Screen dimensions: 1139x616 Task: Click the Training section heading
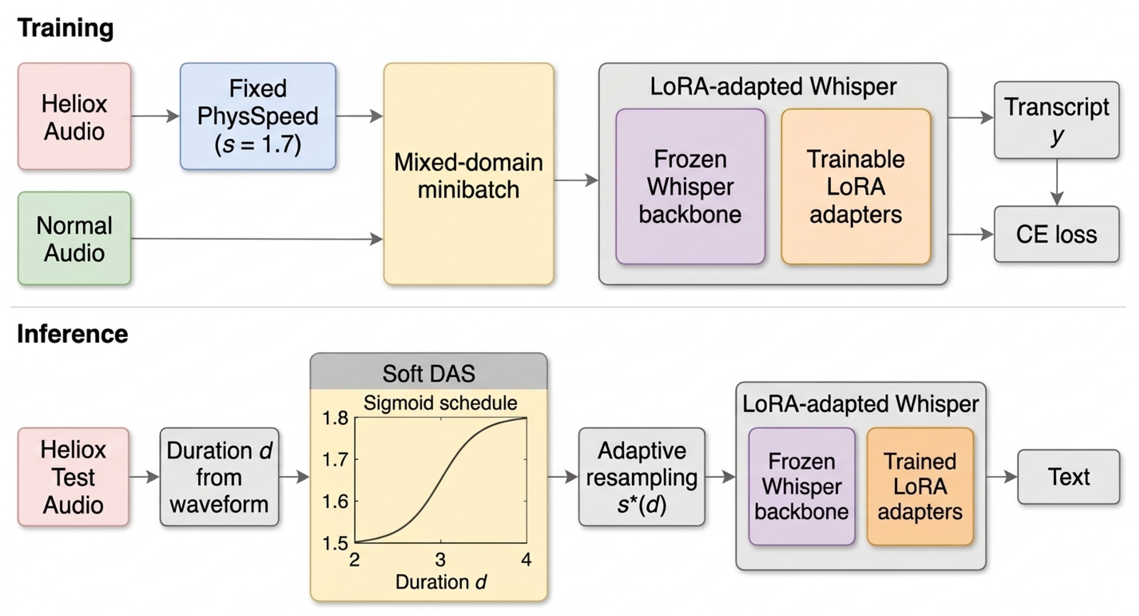tap(66, 28)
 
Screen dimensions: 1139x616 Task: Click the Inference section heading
tap(72, 334)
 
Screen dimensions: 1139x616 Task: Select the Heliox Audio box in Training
tap(74, 116)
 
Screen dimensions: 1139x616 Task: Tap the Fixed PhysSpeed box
tap(258, 116)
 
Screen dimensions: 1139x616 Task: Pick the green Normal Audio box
tap(74, 238)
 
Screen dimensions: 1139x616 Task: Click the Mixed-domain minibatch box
tap(468, 174)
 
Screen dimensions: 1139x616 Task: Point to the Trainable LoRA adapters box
tap(856, 187)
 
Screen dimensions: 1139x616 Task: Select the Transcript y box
tap(1056, 120)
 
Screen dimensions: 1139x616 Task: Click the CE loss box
tap(1056, 234)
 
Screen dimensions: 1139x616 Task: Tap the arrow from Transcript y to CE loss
tap(1057, 182)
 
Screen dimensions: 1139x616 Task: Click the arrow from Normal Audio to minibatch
tap(257, 239)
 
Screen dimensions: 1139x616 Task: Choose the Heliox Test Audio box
tap(74, 477)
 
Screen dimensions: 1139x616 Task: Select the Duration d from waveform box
tap(219, 477)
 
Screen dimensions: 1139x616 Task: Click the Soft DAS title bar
tap(428, 371)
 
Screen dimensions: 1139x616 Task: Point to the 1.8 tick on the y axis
tap(336, 418)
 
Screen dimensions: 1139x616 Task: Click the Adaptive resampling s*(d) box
tap(642, 477)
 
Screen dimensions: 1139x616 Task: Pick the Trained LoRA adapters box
tap(920, 486)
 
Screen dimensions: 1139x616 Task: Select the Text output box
tap(1069, 477)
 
